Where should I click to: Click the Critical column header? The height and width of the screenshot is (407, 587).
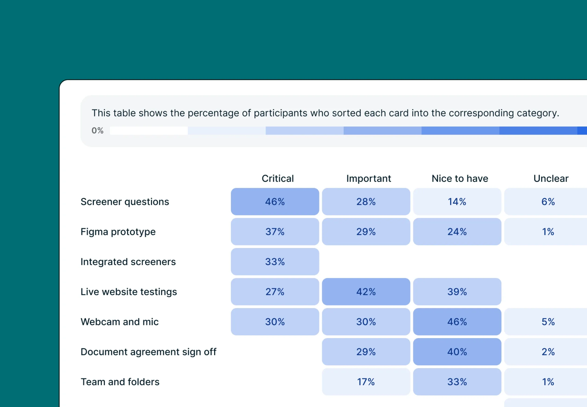[x=278, y=179]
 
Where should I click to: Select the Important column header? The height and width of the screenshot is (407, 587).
[x=368, y=179]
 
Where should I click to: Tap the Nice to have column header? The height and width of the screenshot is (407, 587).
[x=460, y=179]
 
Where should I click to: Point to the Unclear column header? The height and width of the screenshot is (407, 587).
[x=551, y=179]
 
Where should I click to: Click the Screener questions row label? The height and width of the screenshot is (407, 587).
[x=125, y=202]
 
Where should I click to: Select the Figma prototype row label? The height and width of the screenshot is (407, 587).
[x=118, y=232]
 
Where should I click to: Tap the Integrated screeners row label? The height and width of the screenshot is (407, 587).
[x=128, y=262]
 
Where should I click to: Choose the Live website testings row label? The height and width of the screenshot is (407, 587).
[x=129, y=292]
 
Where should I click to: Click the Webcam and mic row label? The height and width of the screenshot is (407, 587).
[x=119, y=322]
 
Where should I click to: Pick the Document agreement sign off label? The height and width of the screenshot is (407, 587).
[x=148, y=352]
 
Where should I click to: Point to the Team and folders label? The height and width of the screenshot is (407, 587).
[x=120, y=382]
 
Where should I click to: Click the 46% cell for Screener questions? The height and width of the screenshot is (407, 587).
[x=275, y=202]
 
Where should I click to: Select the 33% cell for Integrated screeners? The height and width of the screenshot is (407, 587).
[x=275, y=262]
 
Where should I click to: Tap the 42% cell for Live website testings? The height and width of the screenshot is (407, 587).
[x=366, y=292]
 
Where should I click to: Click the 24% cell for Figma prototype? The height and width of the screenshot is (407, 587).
[x=457, y=232]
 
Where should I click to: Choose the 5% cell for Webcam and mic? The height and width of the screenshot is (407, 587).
[x=548, y=322]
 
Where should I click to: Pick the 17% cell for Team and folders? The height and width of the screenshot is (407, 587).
[x=366, y=382]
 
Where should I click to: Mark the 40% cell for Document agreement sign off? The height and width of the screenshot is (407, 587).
[x=457, y=352]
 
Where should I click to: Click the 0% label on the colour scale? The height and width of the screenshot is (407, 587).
[x=97, y=131]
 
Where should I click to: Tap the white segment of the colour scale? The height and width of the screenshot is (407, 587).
[x=149, y=131]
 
